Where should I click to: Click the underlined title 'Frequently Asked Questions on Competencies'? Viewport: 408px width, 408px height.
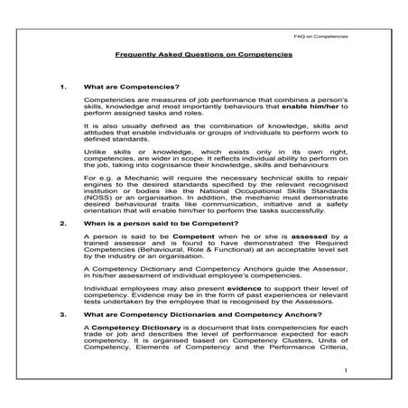(203, 54)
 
